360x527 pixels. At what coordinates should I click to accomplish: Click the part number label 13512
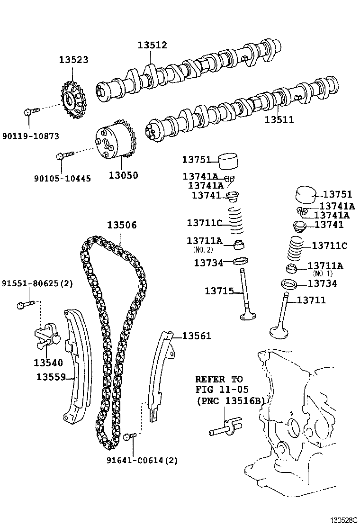pyautogui.click(x=153, y=45)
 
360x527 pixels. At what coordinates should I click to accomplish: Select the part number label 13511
pyautogui.click(x=279, y=120)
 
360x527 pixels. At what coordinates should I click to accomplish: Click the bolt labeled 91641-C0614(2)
pyautogui.click(x=130, y=436)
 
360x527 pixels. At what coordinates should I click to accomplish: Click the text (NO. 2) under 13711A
pyautogui.click(x=204, y=249)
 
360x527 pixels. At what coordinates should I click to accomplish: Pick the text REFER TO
pyautogui.click(x=219, y=379)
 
